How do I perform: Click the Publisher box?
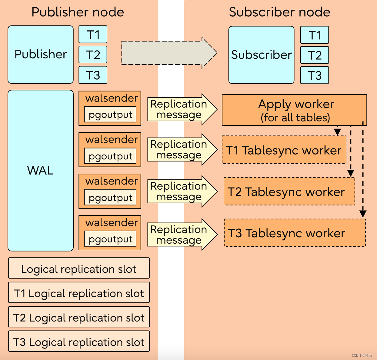click(x=41, y=55)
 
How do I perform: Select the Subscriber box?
click(x=261, y=55)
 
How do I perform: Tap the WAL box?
click(x=41, y=170)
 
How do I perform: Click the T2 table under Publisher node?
click(x=93, y=55)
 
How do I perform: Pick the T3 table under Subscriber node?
click(x=314, y=75)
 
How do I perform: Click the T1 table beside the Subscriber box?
click(x=314, y=35)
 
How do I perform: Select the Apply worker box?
click(x=294, y=110)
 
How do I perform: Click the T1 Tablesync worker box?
click(x=284, y=150)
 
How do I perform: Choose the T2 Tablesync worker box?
click(x=289, y=192)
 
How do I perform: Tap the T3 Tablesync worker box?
click(x=295, y=233)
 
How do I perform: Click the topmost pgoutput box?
click(x=110, y=115)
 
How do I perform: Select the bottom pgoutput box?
click(x=110, y=239)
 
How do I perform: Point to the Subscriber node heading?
click(x=279, y=12)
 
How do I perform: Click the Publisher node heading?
click(x=78, y=12)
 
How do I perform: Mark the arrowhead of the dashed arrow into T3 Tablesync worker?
click(x=363, y=214)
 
